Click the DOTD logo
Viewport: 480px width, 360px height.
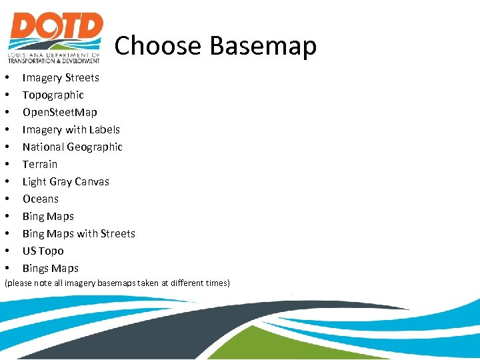click(x=55, y=37)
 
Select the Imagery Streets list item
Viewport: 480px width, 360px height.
click(x=61, y=77)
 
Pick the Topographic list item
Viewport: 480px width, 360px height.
click(x=53, y=95)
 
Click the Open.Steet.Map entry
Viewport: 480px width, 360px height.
click(x=59, y=112)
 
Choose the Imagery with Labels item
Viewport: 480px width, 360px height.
click(x=71, y=129)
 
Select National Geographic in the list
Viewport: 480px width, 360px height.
click(x=72, y=147)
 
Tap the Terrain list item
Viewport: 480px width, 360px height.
click(x=40, y=164)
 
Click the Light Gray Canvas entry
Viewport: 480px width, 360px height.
click(x=65, y=181)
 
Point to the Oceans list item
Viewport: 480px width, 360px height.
click(x=41, y=199)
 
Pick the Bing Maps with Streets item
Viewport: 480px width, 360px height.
click(x=79, y=233)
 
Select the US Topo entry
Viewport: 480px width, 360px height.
click(x=43, y=251)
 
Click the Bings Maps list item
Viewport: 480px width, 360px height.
click(x=50, y=268)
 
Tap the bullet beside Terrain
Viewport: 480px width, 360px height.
click(x=7, y=164)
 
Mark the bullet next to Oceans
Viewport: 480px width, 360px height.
click(x=7, y=199)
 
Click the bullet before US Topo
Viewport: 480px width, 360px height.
click(x=7, y=251)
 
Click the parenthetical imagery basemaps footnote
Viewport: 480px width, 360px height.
click(x=117, y=283)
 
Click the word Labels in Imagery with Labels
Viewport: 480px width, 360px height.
click(x=103, y=129)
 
